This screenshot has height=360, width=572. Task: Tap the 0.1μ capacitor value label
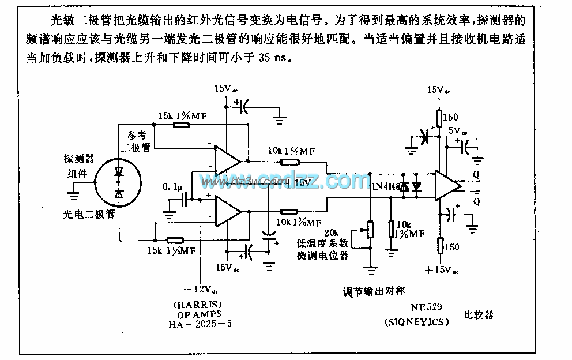[173, 187]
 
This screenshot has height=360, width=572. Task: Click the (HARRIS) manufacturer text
[193, 304]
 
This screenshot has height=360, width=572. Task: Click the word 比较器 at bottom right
[479, 316]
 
